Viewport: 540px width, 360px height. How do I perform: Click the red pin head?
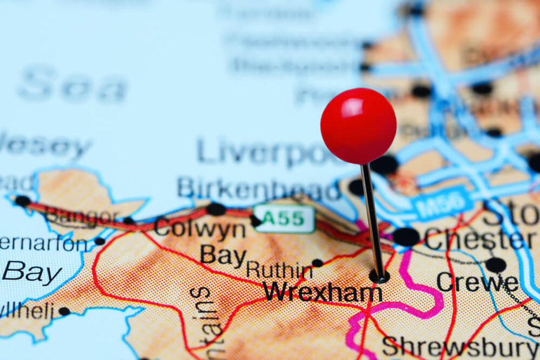click(358, 126)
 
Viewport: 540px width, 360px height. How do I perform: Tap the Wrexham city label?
click(323, 292)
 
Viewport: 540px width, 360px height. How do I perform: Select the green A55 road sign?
click(284, 218)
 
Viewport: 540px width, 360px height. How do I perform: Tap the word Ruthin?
click(279, 270)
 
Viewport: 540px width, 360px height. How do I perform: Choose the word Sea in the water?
click(72, 87)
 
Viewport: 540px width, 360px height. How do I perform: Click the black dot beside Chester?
click(405, 237)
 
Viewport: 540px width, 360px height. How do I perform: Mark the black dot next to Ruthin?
click(317, 263)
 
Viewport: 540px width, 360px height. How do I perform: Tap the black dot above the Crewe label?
click(496, 265)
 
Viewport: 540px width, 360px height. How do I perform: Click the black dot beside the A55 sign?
click(255, 221)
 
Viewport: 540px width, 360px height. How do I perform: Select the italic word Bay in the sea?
click(32, 273)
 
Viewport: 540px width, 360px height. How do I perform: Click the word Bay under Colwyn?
click(223, 255)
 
